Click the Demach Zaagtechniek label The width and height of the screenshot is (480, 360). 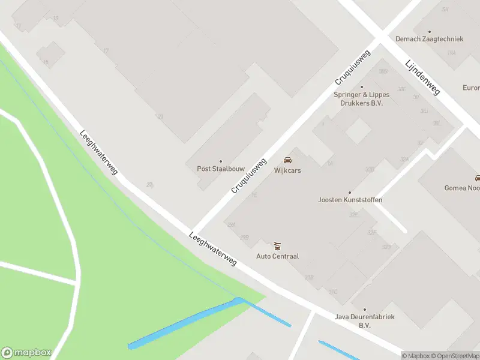click(429, 39)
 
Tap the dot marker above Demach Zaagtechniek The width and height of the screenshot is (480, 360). click(429, 31)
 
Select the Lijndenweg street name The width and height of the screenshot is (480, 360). click(422, 77)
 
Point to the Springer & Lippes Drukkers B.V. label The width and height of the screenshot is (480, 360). click(362, 99)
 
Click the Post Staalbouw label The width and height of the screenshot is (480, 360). click(220, 169)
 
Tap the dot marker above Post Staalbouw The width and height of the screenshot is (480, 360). click(220, 161)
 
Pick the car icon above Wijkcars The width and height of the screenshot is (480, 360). click(287, 161)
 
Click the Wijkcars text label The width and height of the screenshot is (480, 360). click(287, 170)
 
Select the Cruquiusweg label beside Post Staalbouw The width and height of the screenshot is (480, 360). click(248, 176)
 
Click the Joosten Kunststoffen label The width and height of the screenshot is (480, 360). click(350, 200)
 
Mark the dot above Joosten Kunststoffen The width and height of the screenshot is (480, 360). click(350, 192)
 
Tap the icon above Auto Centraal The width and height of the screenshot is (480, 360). click(277, 246)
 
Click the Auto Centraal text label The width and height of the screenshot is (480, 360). click(277, 256)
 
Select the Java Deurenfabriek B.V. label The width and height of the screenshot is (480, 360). click(364, 321)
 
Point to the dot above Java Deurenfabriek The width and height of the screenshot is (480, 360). click(364, 310)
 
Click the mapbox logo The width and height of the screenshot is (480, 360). click(26, 352)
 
